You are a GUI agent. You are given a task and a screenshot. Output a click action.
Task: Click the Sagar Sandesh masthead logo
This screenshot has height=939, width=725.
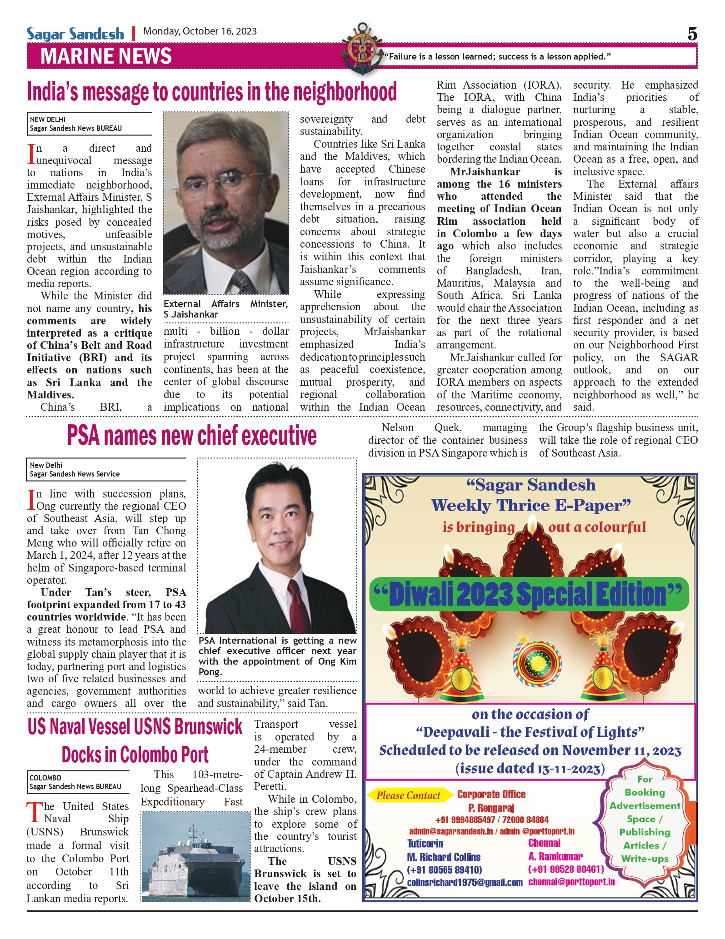(x=75, y=34)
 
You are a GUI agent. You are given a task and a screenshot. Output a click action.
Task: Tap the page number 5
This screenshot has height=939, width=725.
(x=692, y=34)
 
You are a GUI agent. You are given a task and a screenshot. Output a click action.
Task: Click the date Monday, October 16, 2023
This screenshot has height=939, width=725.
(x=200, y=31)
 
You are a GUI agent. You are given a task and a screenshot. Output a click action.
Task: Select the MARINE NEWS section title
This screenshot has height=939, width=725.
(x=106, y=56)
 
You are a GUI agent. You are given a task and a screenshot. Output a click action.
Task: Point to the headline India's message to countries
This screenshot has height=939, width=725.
(x=212, y=92)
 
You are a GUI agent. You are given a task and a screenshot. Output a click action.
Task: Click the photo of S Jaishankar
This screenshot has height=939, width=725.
(x=226, y=203)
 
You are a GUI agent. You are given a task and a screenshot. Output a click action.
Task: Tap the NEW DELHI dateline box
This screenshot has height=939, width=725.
(x=89, y=124)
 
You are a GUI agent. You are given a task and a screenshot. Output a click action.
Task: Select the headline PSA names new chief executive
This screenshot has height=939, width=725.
(x=192, y=435)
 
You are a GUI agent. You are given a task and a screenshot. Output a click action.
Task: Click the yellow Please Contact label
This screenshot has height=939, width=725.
(x=408, y=795)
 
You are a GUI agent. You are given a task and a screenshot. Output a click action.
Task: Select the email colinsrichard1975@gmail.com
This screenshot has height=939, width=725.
(x=465, y=882)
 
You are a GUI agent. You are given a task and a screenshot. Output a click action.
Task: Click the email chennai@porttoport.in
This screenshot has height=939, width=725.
(x=571, y=882)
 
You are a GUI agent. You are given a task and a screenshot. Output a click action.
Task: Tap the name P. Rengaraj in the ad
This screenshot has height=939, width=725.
(x=491, y=808)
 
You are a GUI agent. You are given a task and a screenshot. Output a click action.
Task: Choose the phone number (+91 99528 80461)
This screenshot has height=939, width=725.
(x=566, y=869)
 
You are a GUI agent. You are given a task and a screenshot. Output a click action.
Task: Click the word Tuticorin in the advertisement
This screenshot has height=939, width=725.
(x=425, y=844)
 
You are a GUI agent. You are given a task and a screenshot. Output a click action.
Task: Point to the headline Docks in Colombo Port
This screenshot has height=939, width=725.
(x=135, y=755)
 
